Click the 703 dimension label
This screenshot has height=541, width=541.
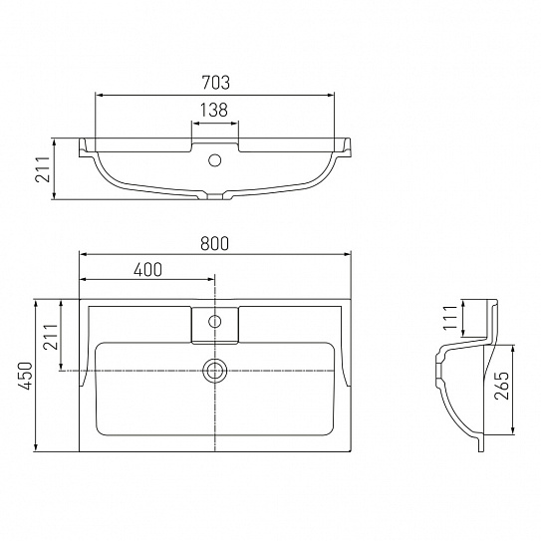(215, 83)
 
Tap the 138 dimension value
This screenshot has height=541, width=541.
(214, 110)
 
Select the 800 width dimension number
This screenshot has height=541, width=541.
(214, 243)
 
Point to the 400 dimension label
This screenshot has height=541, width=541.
(147, 270)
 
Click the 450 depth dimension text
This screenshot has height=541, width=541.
(26, 376)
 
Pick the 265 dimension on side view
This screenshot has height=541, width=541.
(501, 386)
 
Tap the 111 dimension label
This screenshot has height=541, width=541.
(450, 318)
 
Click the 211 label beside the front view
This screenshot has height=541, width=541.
(43, 169)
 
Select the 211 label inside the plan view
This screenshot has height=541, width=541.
(51, 337)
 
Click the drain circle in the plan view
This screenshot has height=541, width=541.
(214, 371)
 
